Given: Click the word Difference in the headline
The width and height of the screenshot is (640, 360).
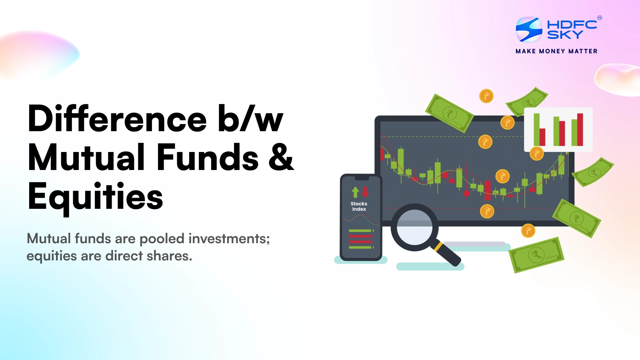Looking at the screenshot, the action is pyautogui.click(x=117, y=118).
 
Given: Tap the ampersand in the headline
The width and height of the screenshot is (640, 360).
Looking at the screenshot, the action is pyautogui.click(x=281, y=158).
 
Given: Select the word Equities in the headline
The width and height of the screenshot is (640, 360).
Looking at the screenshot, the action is pyautogui.click(x=95, y=198).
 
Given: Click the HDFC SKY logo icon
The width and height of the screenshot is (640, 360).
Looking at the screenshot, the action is pyautogui.click(x=529, y=29).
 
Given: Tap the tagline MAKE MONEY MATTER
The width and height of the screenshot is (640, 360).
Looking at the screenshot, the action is pyautogui.click(x=556, y=51).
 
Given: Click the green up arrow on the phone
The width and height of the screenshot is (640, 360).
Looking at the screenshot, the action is pyautogui.click(x=355, y=192).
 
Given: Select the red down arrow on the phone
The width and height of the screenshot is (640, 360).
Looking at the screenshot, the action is pyautogui.click(x=365, y=192).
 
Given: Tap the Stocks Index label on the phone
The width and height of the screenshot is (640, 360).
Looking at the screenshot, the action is pyautogui.click(x=359, y=206).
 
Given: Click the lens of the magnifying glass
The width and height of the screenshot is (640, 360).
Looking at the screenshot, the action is pyautogui.click(x=414, y=227).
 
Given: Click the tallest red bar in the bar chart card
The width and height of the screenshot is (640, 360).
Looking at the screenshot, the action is pyautogui.click(x=580, y=130).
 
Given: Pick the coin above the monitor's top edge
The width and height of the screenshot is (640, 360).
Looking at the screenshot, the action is pyautogui.click(x=486, y=96).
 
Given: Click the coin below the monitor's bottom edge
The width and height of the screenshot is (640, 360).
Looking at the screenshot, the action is pyautogui.click(x=528, y=231).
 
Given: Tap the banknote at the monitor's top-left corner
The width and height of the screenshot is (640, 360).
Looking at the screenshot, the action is pyautogui.click(x=450, y=113).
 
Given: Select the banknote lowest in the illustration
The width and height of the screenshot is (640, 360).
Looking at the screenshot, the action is pyautogui.click(x=536, y=255).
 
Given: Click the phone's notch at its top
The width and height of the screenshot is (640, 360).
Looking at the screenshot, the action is pyautogui.click(x=362, y=178).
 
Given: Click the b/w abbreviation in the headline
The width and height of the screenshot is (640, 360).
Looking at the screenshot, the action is pyautogui.click(x=250, y=118).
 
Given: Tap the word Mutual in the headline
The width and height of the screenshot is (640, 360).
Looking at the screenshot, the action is pyautogui.click(x=86, y=158).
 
